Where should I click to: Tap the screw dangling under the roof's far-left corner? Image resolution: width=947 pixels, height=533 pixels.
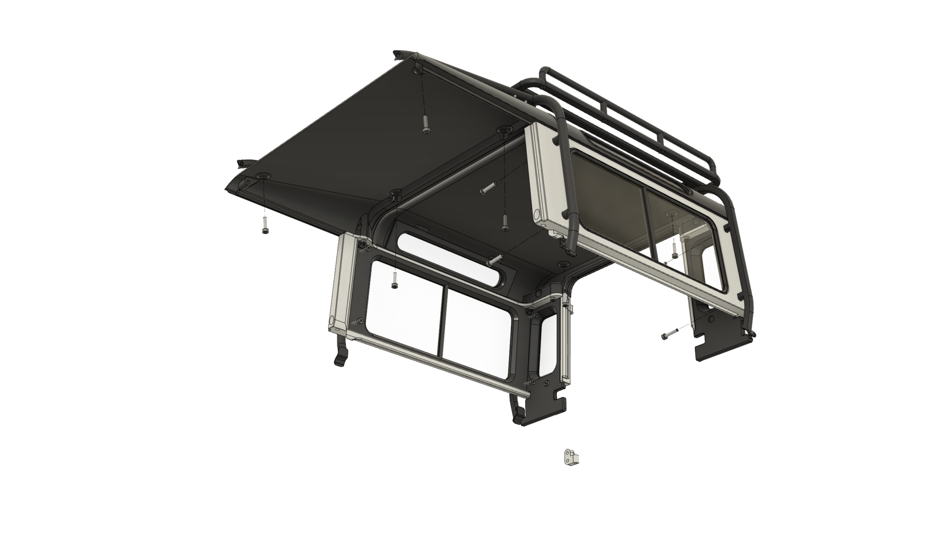coord(265,227)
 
